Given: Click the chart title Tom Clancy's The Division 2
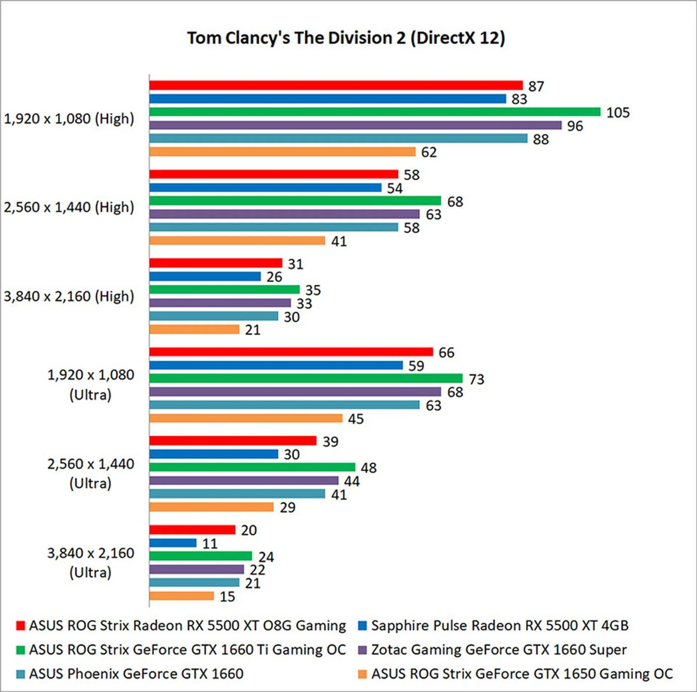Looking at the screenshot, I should click(x=346, y=38).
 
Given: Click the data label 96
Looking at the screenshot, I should click(x=575, y=126).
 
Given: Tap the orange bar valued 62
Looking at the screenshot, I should click(x=282, y=152).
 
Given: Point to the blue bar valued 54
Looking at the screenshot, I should click(x=265, y=188).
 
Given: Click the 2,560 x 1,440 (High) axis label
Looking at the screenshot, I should click(x=69, y=207).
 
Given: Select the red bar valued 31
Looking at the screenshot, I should click(x=216, y=263).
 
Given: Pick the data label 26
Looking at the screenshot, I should click(x=274, y=277).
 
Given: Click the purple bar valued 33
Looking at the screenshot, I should click(x=220, y=303).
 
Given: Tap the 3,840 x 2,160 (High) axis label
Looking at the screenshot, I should click(x=69, y=296).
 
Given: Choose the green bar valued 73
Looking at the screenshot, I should click(x=306, y=378).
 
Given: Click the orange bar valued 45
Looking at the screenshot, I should click(x=246, y=418).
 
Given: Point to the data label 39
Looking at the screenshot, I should click(x=330, y=441).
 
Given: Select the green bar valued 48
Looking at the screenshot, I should click(x=252, y=467).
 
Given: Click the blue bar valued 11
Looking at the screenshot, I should click(x=173, y=543).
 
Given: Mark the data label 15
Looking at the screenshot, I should click(x=227, y=597).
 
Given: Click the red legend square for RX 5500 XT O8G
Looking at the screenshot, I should click(x=21, y=626).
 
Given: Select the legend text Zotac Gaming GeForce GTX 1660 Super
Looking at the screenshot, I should click(x=499, y=650).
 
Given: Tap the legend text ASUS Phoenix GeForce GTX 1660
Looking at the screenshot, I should click(x=136, y=674).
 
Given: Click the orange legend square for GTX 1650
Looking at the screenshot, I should click(x=362, y=674).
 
